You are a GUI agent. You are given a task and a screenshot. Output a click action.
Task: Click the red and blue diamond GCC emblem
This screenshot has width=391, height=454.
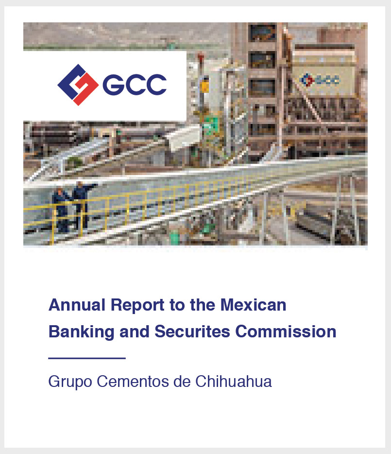point(78,85)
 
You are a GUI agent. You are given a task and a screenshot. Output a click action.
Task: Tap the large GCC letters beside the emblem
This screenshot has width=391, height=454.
point(135,85)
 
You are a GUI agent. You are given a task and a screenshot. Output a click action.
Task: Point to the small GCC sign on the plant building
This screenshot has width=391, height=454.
point(320,80)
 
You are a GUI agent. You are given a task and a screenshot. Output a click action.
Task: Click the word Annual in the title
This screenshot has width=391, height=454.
point(77,305)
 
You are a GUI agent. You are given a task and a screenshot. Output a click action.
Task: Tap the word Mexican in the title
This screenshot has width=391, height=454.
point(253,305)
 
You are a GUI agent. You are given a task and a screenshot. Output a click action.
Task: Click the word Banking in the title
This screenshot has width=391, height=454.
point(81,332)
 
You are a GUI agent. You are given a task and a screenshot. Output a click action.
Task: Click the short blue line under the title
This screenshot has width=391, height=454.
point(87,358)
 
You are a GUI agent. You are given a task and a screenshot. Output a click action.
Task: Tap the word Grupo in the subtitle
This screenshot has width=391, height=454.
point(70,382)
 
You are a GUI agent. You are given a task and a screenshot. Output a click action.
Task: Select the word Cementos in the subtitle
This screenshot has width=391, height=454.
point(133,381)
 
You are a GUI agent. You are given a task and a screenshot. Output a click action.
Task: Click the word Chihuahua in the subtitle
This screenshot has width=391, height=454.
point(234,381)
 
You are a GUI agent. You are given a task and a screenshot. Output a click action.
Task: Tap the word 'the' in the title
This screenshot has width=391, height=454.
point(203,305)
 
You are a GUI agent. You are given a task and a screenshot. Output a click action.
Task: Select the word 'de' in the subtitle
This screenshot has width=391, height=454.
point(182,381)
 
